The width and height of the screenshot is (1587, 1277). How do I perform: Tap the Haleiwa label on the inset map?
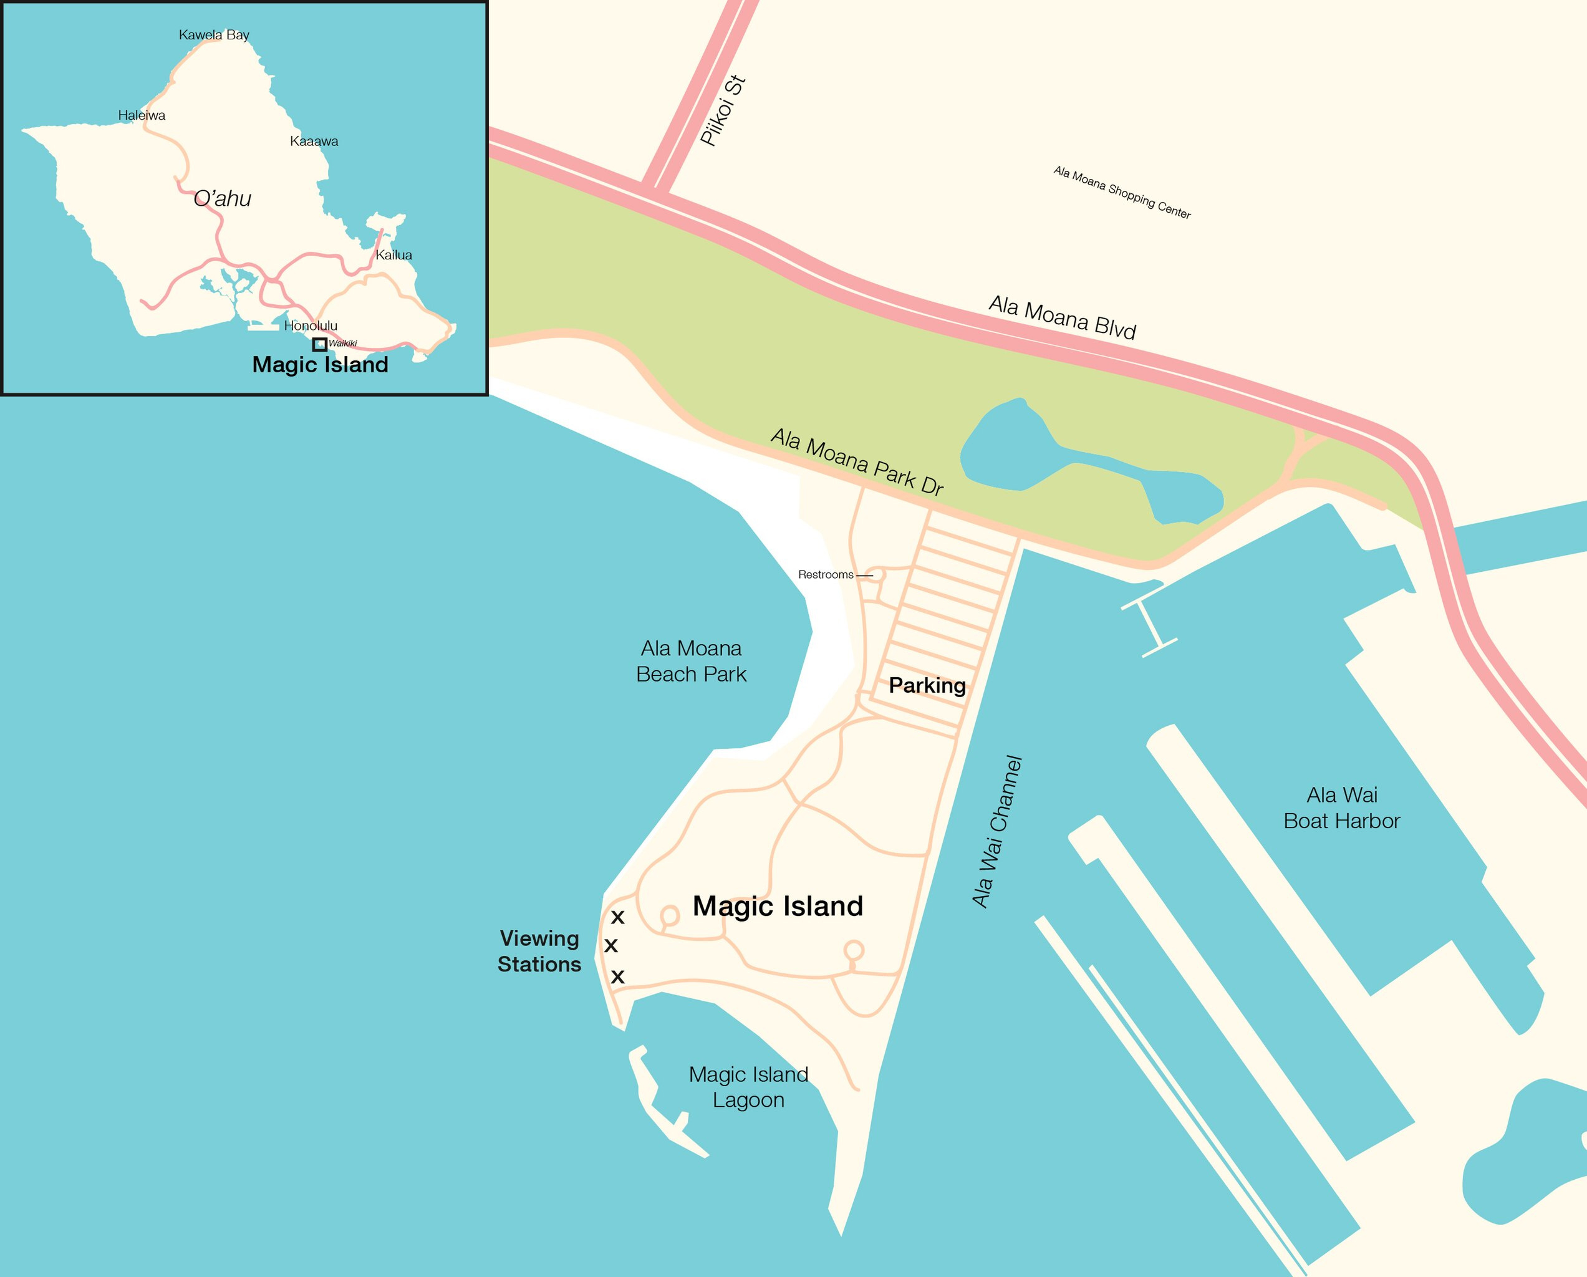(x=142, y=115)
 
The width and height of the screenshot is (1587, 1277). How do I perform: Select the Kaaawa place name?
(x=314, y=142)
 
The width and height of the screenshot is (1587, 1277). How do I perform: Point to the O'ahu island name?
(x=222, y=199)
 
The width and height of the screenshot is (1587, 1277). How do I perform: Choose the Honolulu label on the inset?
(x=311, y=326)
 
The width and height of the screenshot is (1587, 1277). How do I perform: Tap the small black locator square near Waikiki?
(x=319, y=344)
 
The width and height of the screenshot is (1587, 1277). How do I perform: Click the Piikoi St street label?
(x=723, y=110)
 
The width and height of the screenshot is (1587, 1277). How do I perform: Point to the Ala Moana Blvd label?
(x=1062, y=317)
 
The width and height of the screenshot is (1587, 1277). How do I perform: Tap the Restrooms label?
(x=826, y=575)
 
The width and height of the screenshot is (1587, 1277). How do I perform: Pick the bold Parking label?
(x=927, y=686)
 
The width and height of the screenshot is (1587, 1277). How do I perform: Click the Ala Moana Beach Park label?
(x=691, y=662)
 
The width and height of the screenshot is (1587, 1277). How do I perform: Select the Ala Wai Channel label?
(x=997, y=831)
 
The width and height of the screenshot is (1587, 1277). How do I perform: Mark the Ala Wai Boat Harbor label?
(x=1341, y=808)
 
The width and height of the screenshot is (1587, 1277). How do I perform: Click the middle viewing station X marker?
(x=611, y=946)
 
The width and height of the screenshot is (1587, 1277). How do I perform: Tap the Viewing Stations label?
(x=539, y=952)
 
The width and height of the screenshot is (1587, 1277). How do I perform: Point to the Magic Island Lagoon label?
(x=748, y=1087)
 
